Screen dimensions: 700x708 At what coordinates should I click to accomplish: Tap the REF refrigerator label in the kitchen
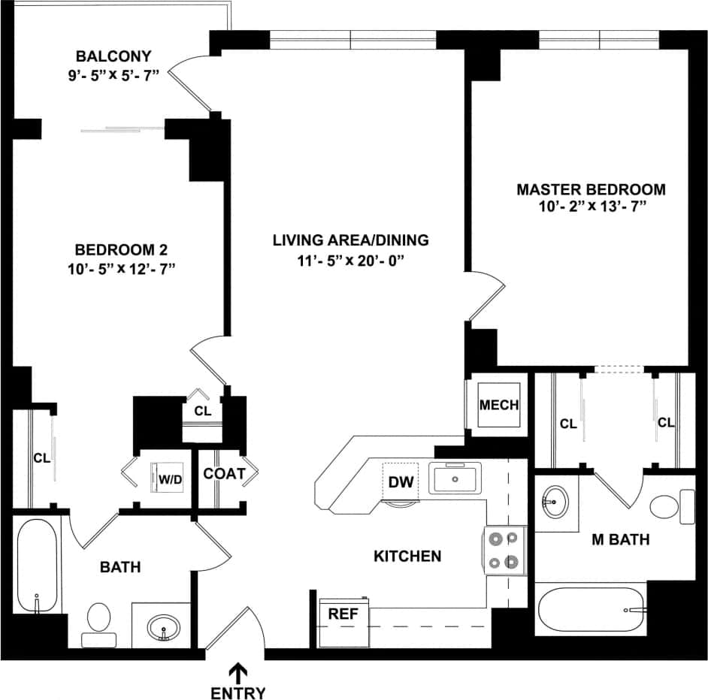[x=343, y=614]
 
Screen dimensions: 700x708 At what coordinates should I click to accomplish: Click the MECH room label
[x=499, y=406]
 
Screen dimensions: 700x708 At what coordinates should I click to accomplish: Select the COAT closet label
[x=224, y=474]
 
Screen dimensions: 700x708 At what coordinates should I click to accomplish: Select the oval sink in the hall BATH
[x=163, y=626]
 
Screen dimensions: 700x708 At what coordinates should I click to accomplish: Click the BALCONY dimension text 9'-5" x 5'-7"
[x=113, y=77]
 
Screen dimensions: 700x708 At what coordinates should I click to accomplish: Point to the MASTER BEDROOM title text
[x=591, y=189]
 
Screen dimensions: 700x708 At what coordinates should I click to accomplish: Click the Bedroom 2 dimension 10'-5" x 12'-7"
[x=121, y=268]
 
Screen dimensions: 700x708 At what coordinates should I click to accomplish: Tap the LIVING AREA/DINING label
[x=350, y=240]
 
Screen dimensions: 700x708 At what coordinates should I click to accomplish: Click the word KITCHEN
[x=407, y=557]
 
